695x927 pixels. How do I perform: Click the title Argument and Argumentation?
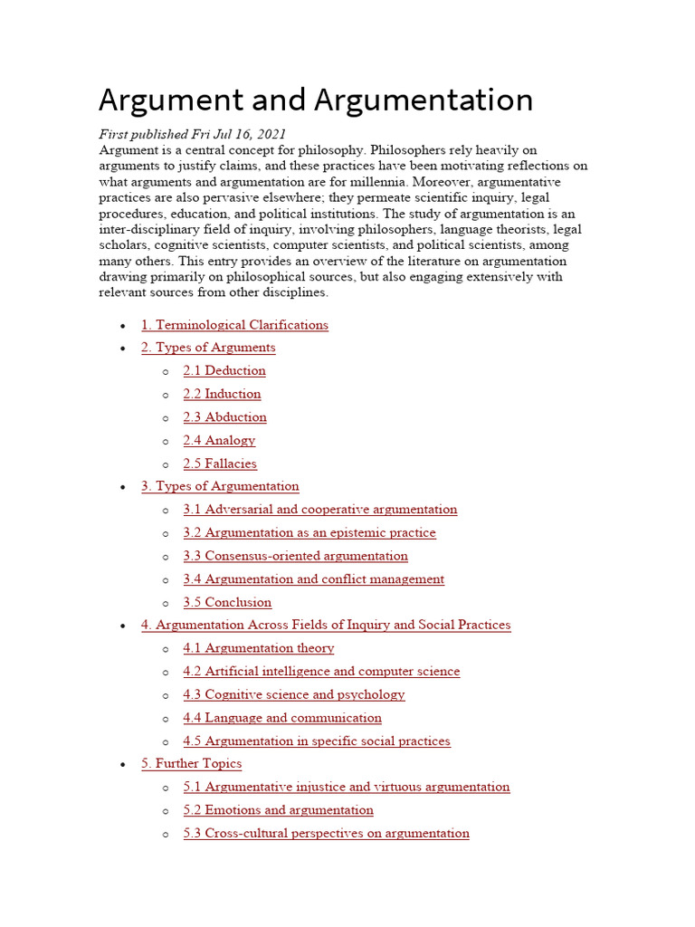315,100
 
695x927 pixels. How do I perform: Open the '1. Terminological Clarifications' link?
234,325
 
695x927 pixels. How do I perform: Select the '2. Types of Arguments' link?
208,348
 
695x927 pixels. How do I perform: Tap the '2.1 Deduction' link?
224,370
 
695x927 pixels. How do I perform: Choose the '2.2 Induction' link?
222,394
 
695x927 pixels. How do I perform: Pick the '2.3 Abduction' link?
224,417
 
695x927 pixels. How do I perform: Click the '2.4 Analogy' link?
219,441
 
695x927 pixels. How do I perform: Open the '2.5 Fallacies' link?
220,463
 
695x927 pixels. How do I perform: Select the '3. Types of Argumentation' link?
220,486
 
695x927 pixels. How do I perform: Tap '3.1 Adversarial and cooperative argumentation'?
320,510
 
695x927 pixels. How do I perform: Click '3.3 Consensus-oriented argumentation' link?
295,556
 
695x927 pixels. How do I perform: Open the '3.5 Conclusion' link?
227,602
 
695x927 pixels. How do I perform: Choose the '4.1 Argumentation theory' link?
259,648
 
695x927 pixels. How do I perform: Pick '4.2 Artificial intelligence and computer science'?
321,672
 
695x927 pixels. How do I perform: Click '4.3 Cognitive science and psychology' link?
294,695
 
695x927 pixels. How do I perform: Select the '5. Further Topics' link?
191,763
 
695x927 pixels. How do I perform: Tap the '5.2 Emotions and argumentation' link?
278,810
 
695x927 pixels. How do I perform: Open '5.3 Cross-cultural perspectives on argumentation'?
326,833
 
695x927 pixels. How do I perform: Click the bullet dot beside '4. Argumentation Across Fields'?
122,626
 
